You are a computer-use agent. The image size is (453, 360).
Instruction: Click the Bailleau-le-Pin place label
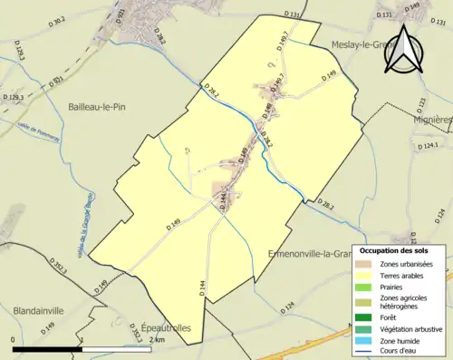tap(101, 107)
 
